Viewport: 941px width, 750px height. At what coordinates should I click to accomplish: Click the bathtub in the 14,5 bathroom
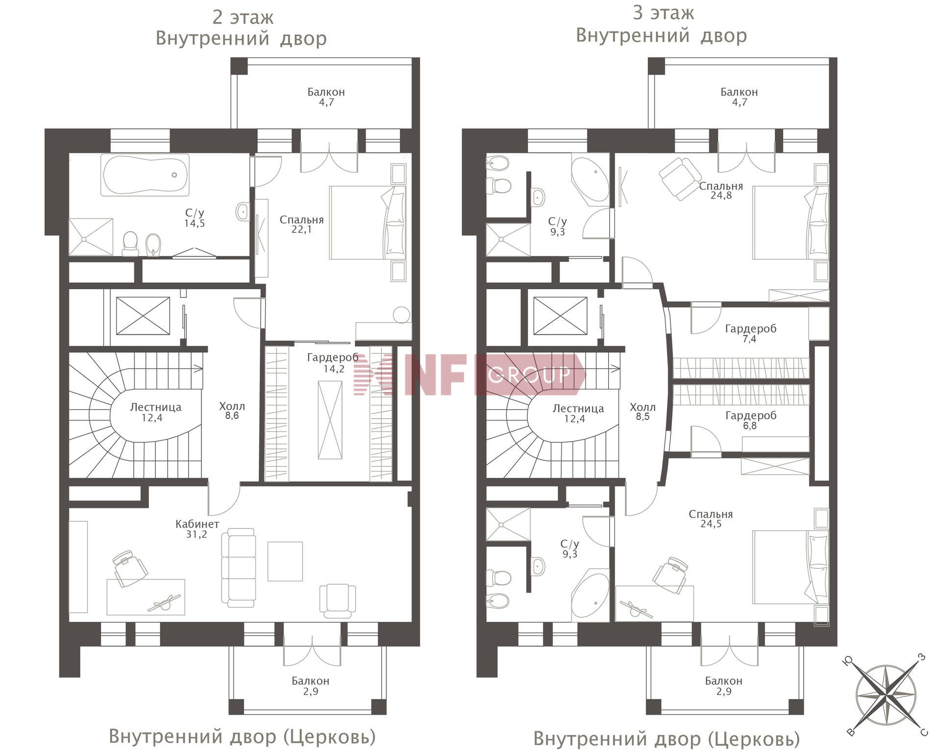click(x=145, y=175)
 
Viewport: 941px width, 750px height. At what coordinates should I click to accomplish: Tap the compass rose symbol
click(x=886, y=696)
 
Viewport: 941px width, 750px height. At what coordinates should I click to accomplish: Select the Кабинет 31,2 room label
click(x=197, y=529)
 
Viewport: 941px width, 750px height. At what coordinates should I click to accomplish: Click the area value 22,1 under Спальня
click(x=301, y=229)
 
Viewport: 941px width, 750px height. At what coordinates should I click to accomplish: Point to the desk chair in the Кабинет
click(x=130, y=568)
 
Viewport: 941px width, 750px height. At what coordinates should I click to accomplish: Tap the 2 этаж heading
click(x=243, y=18)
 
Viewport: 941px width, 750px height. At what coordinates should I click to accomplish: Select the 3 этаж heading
click(x=663, y=13)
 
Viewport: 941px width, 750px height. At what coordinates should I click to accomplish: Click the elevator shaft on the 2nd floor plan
click(x=143, y=316)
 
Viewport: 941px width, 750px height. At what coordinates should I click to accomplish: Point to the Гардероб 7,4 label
click(x=750, y=333)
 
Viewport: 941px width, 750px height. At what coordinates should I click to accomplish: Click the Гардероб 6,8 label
click(x=750, y=421)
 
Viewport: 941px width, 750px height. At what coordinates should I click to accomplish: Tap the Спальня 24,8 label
click(x=721, y=191)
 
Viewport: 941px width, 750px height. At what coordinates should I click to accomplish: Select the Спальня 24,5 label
click(x=711, y=519)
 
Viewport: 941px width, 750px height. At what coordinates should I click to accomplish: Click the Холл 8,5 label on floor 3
click(x=643, y=412)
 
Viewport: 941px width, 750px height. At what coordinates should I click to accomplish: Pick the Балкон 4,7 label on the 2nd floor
click(x=326, y=97)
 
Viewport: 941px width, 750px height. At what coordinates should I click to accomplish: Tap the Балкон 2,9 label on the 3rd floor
click(x=723, y=686)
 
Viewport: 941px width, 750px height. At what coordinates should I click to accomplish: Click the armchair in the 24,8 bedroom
click(x=680, y=178)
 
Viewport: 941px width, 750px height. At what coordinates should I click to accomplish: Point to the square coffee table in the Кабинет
click(x=285, y=561)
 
